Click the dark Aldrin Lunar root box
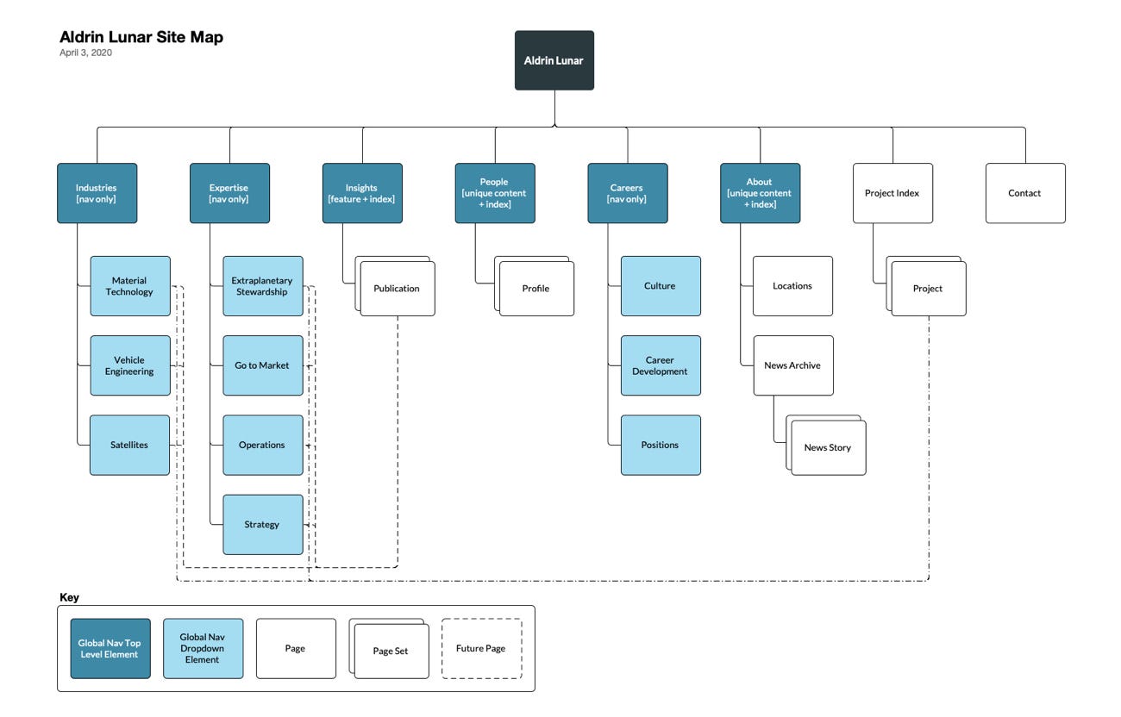click(554, 60)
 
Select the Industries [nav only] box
click(97, 193)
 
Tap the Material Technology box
click(129, 286)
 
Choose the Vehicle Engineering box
click(129, 365)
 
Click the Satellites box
click(129, 445)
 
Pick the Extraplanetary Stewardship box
click(262, 286)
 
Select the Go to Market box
click(262, 365)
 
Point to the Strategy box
click(262, 524)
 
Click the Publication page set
click(397, 289)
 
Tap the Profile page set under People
click(535, 289)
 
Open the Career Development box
click(661, 365)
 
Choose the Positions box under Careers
click(661, 445)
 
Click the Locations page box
click(792, 286)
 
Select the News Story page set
click(828, 447)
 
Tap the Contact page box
click(1025, 193)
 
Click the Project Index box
click(892, 193)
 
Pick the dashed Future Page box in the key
click(481, 648)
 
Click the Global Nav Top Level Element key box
click(110, 648)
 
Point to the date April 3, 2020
click(85, 53)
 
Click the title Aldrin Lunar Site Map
click(141, 37)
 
